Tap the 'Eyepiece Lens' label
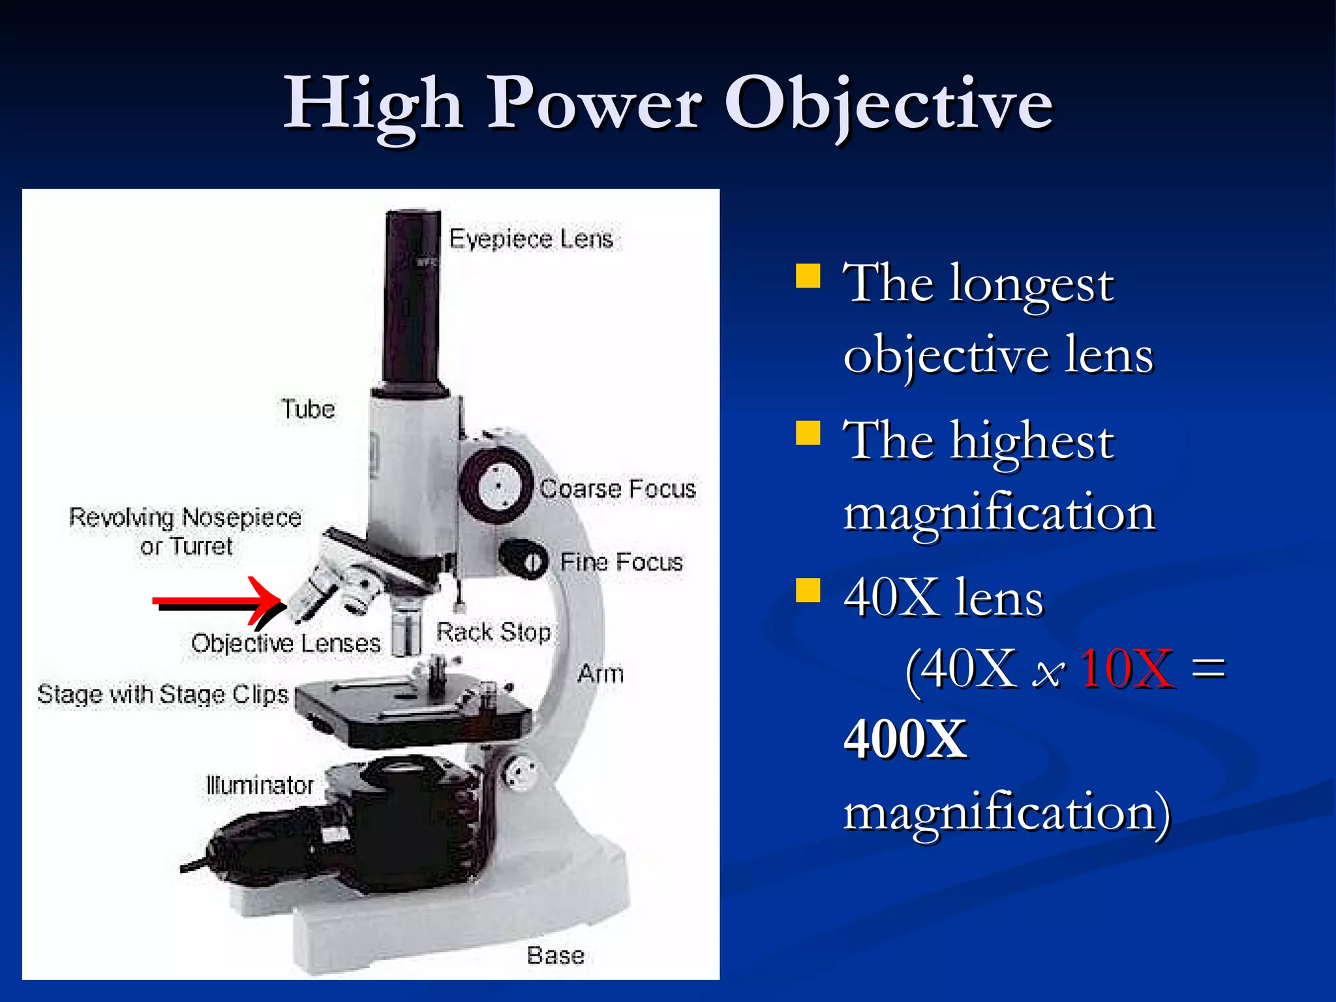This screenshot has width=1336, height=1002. point(531,239)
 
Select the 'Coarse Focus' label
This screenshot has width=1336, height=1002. point(618,489)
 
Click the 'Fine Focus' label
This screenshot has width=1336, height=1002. point(621,562)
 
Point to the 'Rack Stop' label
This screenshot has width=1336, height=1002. point(493,632)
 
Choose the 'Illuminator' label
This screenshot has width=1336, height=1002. point(260,785)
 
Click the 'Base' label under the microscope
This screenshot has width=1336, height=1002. point(555,956)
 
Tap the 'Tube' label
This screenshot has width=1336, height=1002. point(308,410)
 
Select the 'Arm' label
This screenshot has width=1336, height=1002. point(600,674)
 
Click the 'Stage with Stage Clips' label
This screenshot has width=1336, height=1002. point(162,695)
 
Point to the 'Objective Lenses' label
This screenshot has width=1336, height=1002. point(286,644)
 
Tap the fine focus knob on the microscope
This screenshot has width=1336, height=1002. point(524,560)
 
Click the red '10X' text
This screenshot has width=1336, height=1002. point(1127,669)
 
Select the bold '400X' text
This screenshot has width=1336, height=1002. point(905,740)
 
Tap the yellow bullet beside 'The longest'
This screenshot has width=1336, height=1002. point(808,276)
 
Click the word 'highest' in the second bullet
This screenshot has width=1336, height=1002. point(1032,442)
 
